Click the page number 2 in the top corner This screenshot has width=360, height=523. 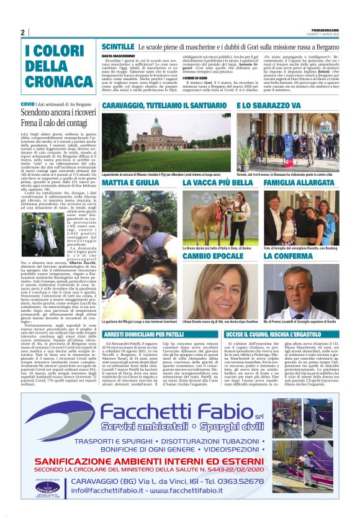tap(22, 32)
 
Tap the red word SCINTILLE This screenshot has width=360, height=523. tap(118, 47)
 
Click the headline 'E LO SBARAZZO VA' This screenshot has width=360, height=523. tap(273, 106)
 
